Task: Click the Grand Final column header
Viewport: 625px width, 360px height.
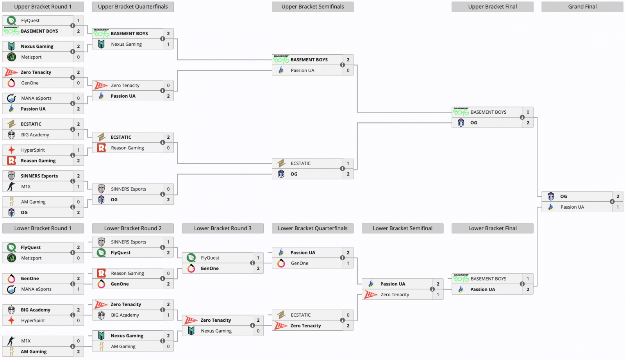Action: pos(582,7)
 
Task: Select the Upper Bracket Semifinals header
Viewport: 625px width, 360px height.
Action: pos(312,7)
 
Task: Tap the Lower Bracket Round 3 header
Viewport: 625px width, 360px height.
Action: pos(223,228)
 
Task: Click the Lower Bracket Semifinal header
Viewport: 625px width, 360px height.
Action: pos(402,228)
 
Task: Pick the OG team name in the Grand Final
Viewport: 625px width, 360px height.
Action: pos(564,196)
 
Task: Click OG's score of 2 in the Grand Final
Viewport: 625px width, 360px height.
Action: pos(618,196)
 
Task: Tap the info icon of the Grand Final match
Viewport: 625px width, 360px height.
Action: pos(612,201)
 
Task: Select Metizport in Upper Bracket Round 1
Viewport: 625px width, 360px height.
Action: pos(31,57)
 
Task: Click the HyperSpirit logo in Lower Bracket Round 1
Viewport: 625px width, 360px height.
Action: pos(11,321)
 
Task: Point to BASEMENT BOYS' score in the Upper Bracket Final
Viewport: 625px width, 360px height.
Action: pos(528,112)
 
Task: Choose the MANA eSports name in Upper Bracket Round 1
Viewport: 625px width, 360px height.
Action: pos(36,99)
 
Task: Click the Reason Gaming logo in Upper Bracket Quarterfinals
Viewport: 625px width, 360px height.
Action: pos(101,148)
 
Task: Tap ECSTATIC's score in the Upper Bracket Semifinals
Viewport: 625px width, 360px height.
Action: pos(348,163)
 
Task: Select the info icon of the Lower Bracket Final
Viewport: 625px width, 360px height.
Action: pos(522,284)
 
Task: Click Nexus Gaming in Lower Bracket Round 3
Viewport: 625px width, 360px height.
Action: pos(216,331)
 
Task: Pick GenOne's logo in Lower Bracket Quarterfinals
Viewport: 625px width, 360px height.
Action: pos(281,263)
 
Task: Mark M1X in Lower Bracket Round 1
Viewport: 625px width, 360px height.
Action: pos(26,341)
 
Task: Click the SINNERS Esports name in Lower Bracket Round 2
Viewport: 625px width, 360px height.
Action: pos(129,242)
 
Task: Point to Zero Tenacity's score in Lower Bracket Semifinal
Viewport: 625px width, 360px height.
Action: pos(438,295)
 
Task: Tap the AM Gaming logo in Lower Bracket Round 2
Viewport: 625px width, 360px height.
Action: pos(101,346)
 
